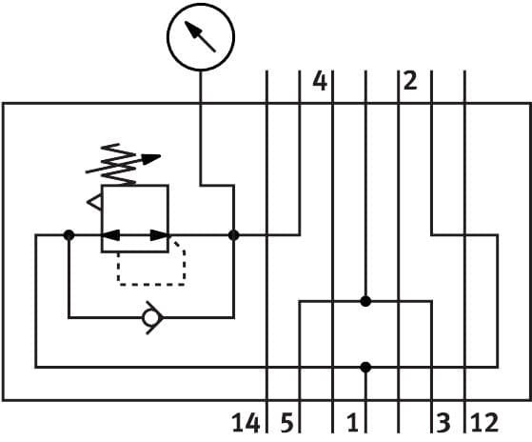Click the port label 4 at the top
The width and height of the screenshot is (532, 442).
click(319, 82)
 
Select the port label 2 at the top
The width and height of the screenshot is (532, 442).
click(409, 82)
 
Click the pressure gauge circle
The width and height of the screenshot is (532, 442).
click(200, 37)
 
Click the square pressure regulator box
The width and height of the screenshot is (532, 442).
click(134, 218)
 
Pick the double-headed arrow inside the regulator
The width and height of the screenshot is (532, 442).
click(134, 234)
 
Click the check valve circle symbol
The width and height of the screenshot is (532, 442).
click(149, 318)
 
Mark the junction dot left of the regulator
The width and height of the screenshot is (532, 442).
click(69, 234)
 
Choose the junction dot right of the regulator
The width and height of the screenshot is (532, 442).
click(234, 234)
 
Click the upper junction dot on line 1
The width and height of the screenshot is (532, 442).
click(365, 301)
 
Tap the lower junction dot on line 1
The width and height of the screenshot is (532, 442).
click(365, 366)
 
